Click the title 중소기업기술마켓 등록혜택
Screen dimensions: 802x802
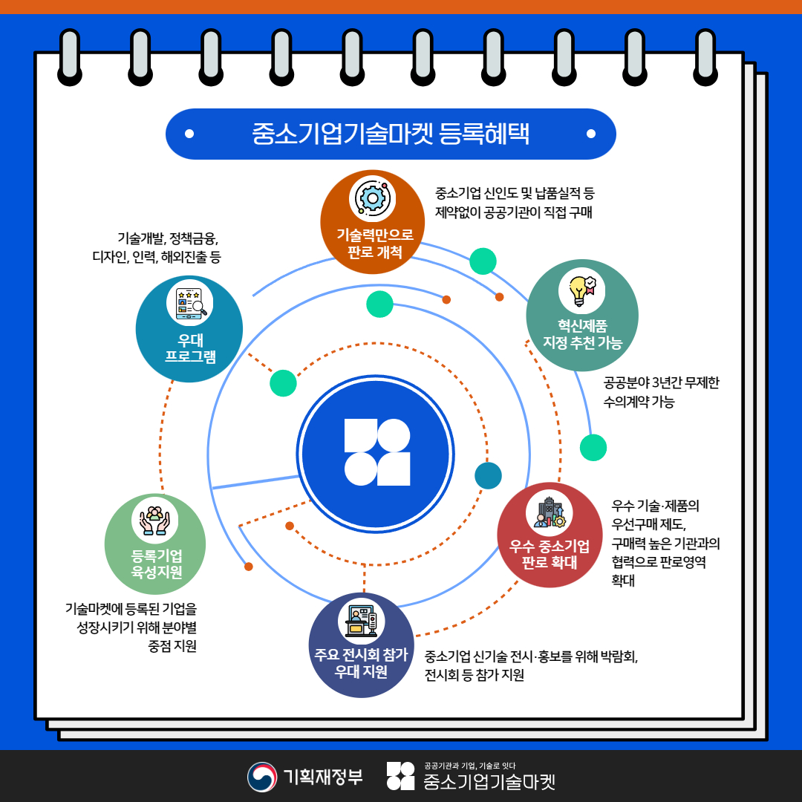pos(391,134)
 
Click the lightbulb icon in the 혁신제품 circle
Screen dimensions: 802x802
pos(581,291)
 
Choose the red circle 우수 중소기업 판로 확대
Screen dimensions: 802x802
pos(550,535)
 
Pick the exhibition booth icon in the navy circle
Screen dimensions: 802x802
pos(361,621)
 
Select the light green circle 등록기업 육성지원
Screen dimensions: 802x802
pos(155,545)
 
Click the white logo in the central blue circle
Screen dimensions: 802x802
pos(377,452)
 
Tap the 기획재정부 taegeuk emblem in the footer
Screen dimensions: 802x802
pos(262,777)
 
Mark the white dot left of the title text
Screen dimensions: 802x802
pos(189,134)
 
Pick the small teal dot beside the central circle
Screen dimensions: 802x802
pos(488,475)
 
